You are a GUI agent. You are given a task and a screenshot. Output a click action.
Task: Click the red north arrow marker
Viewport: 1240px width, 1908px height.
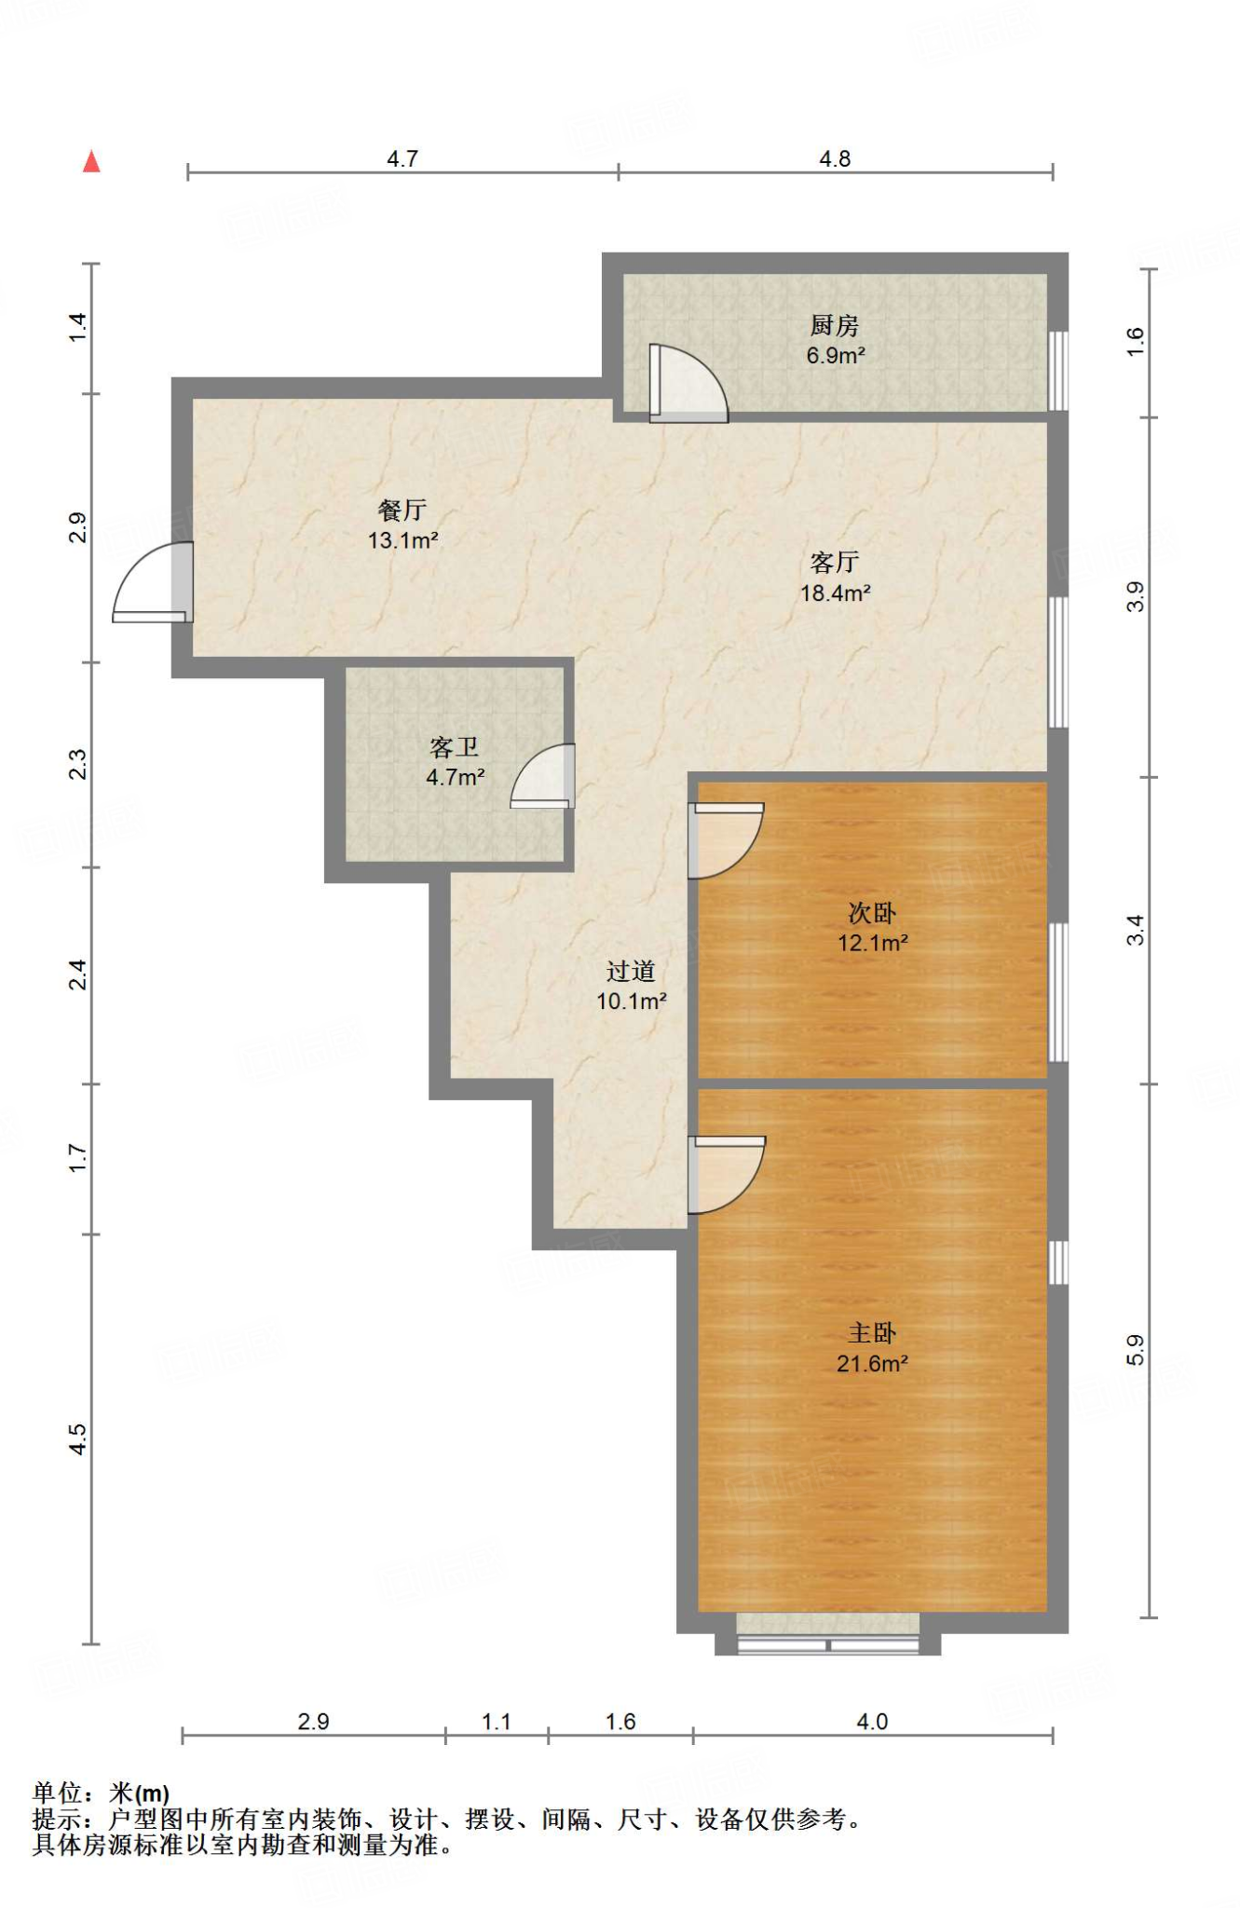91,162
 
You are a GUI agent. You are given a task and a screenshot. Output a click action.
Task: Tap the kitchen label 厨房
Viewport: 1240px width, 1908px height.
834,325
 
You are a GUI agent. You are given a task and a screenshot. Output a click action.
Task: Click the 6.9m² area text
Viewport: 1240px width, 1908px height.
836,355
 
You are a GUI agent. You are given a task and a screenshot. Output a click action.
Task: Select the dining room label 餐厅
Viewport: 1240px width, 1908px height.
402,510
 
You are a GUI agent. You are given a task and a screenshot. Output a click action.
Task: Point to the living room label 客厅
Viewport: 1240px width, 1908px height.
834,562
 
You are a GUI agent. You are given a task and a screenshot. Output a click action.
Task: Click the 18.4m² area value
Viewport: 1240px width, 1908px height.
836,593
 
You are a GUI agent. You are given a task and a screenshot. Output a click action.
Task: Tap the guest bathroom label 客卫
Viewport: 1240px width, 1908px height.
455,747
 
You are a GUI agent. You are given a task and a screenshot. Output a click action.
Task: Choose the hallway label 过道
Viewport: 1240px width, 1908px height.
631,972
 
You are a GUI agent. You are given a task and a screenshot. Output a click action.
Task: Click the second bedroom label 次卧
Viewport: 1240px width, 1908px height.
872,913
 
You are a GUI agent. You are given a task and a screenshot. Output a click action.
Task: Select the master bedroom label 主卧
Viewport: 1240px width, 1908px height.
872,1333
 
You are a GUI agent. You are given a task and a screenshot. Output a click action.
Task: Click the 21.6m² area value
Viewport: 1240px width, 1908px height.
872,1364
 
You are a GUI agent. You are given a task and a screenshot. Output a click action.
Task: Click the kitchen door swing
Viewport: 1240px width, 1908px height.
688,383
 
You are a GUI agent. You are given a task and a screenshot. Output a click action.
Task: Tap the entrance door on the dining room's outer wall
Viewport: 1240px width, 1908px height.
153,582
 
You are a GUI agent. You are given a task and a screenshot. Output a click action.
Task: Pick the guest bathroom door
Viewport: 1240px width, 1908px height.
542,776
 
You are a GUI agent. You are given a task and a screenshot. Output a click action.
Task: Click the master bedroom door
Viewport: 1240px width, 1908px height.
727,1175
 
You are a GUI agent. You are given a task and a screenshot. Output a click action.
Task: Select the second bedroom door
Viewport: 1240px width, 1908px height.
726,840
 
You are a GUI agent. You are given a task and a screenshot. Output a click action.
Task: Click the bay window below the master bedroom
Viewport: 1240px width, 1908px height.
827,1634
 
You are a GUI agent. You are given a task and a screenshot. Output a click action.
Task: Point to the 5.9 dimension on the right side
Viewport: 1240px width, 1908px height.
1135,1350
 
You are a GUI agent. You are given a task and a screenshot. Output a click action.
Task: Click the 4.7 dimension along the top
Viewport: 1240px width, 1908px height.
402,158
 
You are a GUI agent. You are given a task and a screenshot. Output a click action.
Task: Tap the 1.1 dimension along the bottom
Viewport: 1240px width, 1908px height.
497,1721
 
